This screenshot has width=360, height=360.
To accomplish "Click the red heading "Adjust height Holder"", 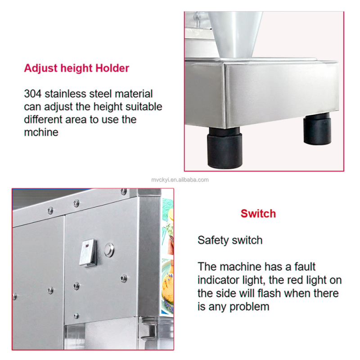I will [x=76, y=68].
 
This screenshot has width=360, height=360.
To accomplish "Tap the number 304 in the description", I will [x=33, y=94].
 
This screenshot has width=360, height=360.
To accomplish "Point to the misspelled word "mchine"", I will [x=41, y=132].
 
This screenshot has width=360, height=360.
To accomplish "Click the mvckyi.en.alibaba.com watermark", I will [x=180, y=180].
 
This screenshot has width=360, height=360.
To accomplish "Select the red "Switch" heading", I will [x=258, y=213].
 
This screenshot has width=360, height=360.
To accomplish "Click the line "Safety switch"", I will [x=230, y=240].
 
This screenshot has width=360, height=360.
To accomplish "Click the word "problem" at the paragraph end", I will [x=249, y=307].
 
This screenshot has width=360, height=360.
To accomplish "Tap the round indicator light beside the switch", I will [x=109, y=249].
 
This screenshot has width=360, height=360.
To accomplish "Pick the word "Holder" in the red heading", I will [x=112, y=68].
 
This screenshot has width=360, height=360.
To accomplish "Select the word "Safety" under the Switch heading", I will [x=212, y=240].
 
